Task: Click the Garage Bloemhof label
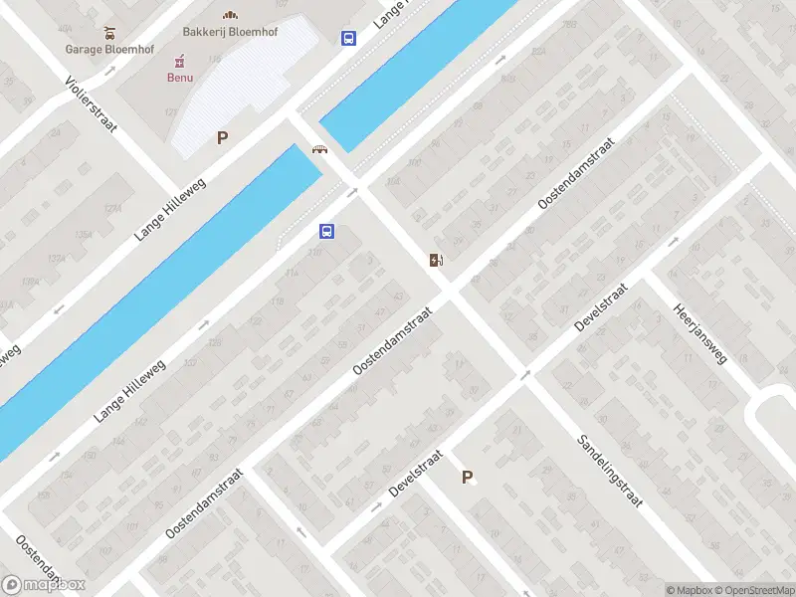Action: tap(105, 48)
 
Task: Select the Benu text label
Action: tap(180, 77)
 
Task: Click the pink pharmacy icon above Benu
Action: tap(180, 61)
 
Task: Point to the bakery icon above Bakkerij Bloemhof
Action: tap(230, 14)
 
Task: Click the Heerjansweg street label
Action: tap(699, 332)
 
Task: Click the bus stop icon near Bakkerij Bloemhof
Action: tap(349, 39)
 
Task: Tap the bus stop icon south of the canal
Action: tap(326, 232)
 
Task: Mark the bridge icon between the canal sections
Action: tap(320, 150)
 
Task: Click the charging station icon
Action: tap(436, 261)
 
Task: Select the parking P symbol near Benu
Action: tap(223, 138)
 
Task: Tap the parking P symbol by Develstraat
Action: tap(467, 478)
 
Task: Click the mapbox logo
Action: tap(44, 585)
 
